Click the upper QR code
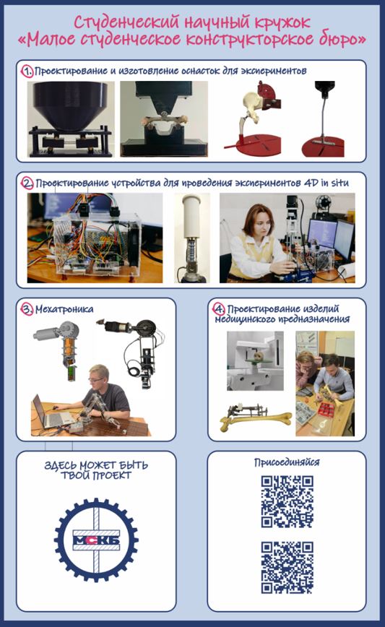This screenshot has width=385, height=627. (x=287, y=501)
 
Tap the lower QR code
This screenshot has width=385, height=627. (x=287, y=568)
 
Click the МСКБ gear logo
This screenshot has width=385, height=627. (x=96, y=540)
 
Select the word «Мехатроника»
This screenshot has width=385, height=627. (x=64, y=309)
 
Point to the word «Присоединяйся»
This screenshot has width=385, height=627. (x=287, y=462)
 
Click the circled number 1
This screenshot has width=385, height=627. (x=27, y=72)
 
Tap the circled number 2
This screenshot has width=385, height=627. (x=27, y=183)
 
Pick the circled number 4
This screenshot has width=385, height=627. (x=218, y=308)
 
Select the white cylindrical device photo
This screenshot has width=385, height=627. (x=192, y=238)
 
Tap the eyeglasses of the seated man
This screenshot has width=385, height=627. (x=96, y=379)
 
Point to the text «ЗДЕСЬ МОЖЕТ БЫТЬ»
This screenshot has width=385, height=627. (x=96, y=465)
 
